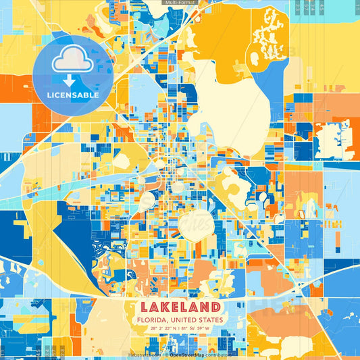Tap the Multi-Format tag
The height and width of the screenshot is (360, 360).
click(x=180, y=3)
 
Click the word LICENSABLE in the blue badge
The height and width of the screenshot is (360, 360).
click(x=73, y=95)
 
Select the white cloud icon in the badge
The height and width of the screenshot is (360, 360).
click(x=72, y=61)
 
